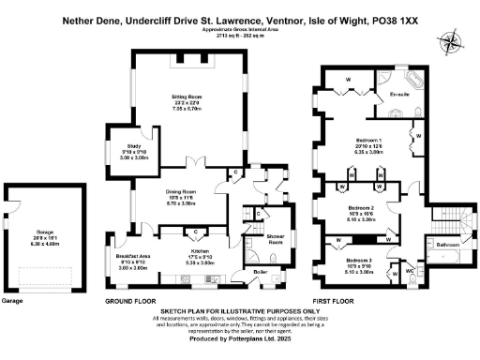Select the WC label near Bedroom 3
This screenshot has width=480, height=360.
point(410,272)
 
